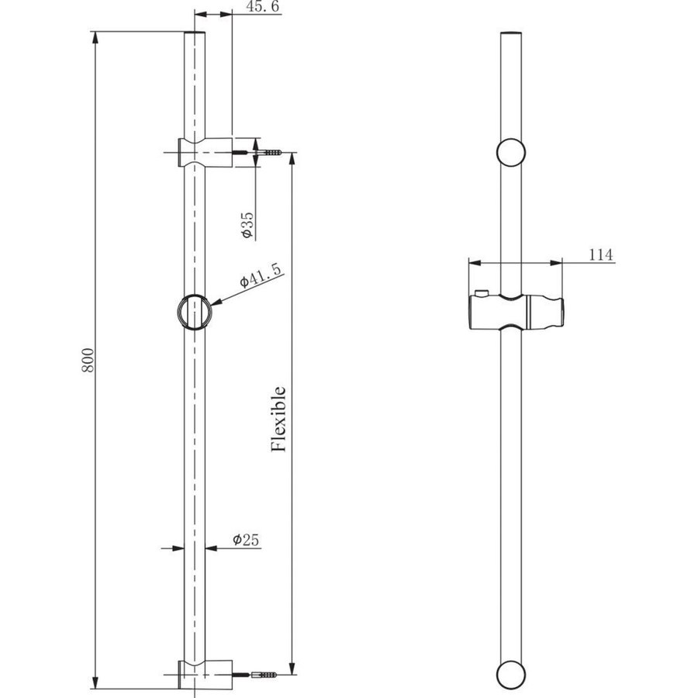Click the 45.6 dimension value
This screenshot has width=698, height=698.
click(x=263, y=7)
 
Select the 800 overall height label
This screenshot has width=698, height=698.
click(x=88, y=360)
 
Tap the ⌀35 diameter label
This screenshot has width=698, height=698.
click(x=247, y=225)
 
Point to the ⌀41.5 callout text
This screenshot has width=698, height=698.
click(x=261, y=275)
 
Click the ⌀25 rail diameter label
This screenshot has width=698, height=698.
click(x=245, y=540)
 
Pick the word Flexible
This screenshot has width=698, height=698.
click(x=278, y=419)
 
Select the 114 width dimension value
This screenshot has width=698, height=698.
click(x=601, y=254)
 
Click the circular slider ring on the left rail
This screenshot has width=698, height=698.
click(x=195, y=312)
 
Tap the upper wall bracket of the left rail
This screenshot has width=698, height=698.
click(x=206, y=152)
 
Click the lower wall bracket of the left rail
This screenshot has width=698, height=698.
click(x=206, y=674)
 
